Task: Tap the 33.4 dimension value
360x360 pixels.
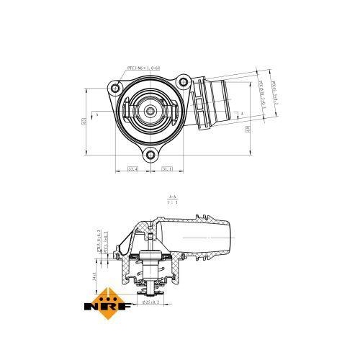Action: tap(132, 169)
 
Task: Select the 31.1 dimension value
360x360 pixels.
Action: tap(165, 169)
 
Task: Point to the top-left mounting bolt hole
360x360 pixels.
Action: tap(114, 88)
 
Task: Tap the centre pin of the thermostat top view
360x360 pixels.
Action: tap(149, 111)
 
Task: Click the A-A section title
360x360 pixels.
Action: tap(173, 197)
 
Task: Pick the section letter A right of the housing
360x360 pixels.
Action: tap(243, 114)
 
